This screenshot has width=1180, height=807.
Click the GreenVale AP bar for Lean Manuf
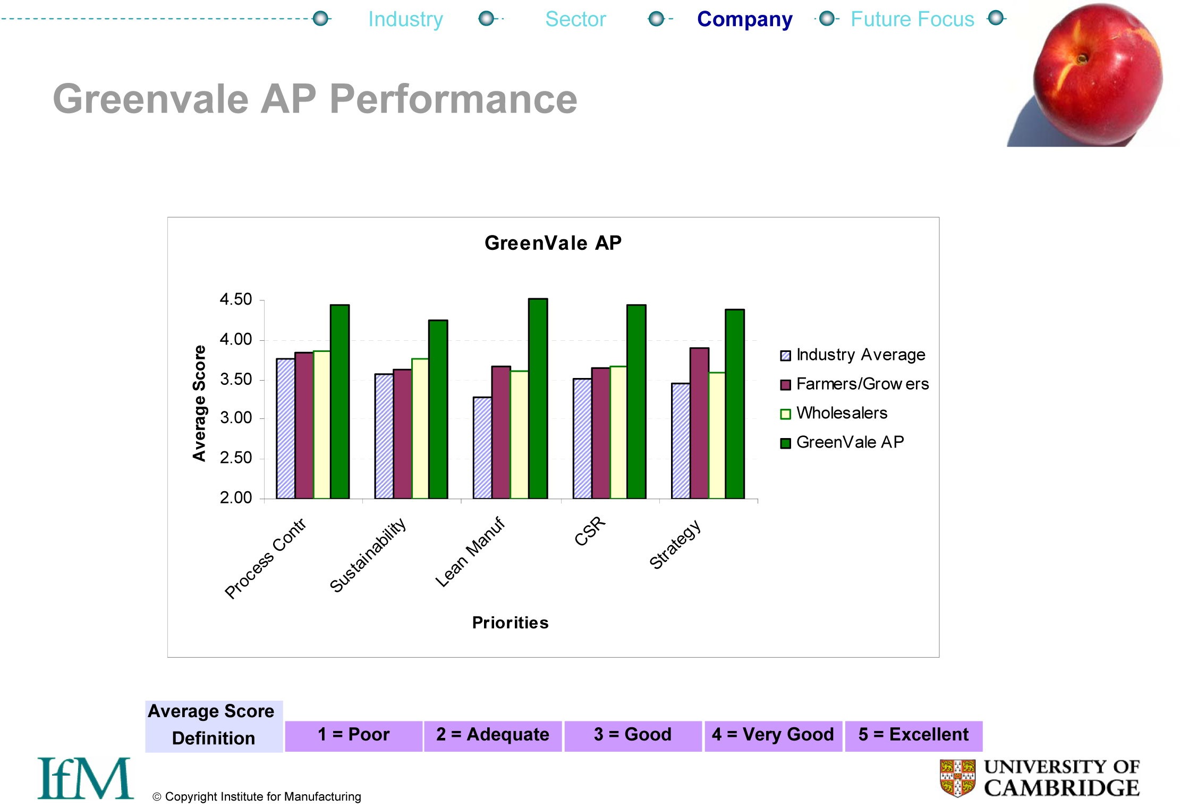pyautogui.click(x=538, y=399)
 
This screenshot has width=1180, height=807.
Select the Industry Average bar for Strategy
pyautogui.click(x=681, y=441)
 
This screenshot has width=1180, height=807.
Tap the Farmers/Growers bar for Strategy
pyautogui.click(x=699, y=423)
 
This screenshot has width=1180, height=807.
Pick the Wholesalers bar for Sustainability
pyautogui.click(x=420, y=428)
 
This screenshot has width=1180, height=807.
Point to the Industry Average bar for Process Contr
pyautogui.click(x=285, y=428)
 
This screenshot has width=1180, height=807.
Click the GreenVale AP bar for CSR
pyautogui.click(x=636, y=401)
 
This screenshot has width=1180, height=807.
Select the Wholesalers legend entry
pyautogui.click(x=841, y=413)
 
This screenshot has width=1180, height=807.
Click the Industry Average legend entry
pyautogui.click(x=860, y=355)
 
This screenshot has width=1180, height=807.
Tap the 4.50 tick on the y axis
pyautogui.click(x=236, y=299)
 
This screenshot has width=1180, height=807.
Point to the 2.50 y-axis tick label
pyautogui.click(x=236, y=458)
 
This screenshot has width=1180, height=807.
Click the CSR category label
pyautogui.click(x=590, y=531)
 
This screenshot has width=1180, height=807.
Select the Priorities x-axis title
pyautogui.click(x=510, y=623)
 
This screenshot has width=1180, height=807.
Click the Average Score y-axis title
pyautogui.click(x=199, y=403)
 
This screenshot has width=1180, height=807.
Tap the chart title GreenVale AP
pyautogui.click(x=553, y=243)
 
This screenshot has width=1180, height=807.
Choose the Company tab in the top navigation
pyautogui.click(x=744, y=20)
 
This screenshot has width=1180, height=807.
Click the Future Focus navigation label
pyautogui.click(x=912, y=20)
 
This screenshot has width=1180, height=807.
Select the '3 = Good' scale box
pyautogui.click(x=632, y=735)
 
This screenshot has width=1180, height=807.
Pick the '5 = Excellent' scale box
pyautogui.click(x=913, y=735)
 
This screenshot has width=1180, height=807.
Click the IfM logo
pyautogui.click(x=85, y=778)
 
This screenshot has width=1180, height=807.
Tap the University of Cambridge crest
pyautogui.click(x=957, y=778)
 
